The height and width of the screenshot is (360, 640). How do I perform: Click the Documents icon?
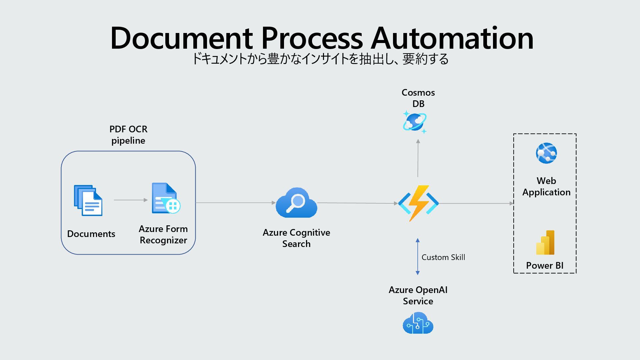pyautogui.click(x=88, y=200)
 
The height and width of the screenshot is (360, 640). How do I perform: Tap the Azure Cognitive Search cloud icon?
pyautogui.click(x=296, y=203)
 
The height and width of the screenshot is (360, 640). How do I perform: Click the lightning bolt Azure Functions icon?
pyautogui.click(x=418, y=203)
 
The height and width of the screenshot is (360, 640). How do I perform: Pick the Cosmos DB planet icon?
pyautogui.click(x=415, y=122)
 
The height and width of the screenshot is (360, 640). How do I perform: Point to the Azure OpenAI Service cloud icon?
pyautogui.click(x=418, y=323)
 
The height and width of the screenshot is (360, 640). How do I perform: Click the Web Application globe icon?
pyautogui.click(x=546, y=153)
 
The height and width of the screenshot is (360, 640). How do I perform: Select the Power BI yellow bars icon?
pyautogui.click(x=545, y=243)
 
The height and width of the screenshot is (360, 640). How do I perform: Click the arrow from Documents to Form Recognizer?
pyautogui.click(x=130, y=200)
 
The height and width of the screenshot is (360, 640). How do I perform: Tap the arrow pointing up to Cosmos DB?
pyautogui.click(x=418, y=158)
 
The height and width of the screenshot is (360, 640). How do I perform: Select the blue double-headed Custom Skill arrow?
pyautogui.click(x=418, y=257)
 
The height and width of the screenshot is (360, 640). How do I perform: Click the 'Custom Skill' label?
pyautogui.click(x=443, y=257)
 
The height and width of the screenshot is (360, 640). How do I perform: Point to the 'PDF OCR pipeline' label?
pyautogui.click(x=128, y=135)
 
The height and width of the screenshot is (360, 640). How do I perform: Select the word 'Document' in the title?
pyautogui.click(x=181, y=38)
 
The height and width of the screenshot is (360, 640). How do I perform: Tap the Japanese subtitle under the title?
pyautogui.click(x=320, y=59)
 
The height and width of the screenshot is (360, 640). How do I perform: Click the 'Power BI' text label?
pyautogui.click(x=545, y=266)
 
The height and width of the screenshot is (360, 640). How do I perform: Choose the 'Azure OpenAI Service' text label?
pyautogui.click(x=418, y=295)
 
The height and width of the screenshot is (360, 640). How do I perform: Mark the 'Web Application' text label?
pyautogui.click(x=546, y=186)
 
